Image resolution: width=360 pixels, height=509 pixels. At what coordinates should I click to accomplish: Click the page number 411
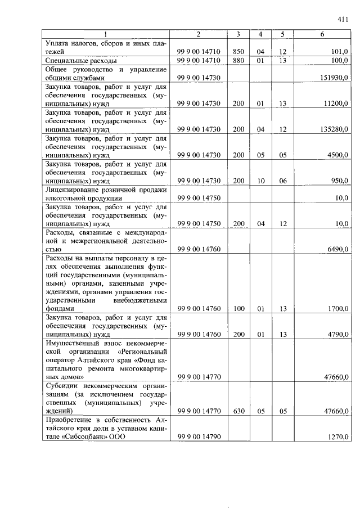[343, 20]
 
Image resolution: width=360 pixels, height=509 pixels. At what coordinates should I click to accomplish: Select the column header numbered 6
[322, 35]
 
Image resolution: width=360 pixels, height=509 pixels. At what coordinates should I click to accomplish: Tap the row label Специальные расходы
[81, 60]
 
